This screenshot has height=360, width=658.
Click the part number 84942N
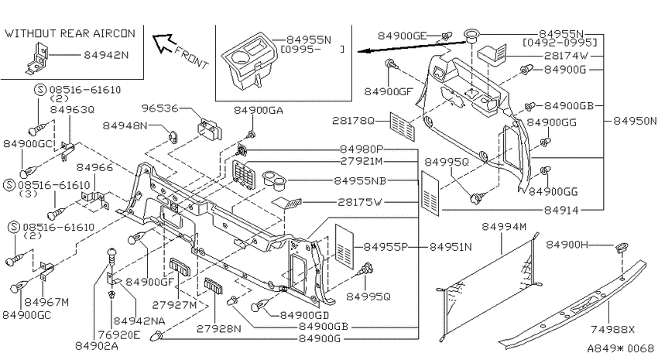pyautogui.click(x=106, y=55)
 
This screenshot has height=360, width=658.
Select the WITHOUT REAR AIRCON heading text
pyautogui.click(x=70, y=33)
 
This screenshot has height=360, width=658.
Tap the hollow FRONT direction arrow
pyautogui.click(x=163, y=43)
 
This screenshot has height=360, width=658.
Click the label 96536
pyautogui.click(x=159, y=108)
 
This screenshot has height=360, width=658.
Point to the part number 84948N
pyautogui.click(x=125, y=125)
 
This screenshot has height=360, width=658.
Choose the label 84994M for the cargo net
pyautogui.click(x=504, y=227)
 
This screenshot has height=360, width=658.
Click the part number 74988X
pyautogui.click(x=612, y=330)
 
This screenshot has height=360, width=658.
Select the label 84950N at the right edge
pyautogui.click(x=635, y=122)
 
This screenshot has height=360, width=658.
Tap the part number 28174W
pyautogui.click(x=567, y=56)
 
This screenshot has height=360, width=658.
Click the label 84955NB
pyautogui.click(x=360, y=181)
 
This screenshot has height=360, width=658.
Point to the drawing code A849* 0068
pyautogui.click(x=620, y=348)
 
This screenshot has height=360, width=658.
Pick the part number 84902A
pyautogui.click(x=97, y=346)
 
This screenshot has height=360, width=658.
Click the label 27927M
pyautogui.click(x=174, y=305)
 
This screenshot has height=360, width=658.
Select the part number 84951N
pyautogui.click(x=451, y=247)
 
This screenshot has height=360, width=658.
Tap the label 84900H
pyautogui.click(x=567, y=245)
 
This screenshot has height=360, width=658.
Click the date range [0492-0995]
pyautogui.click(x=560, y=43)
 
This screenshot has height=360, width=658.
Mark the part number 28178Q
pyautogui.click(x=353, y=121)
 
